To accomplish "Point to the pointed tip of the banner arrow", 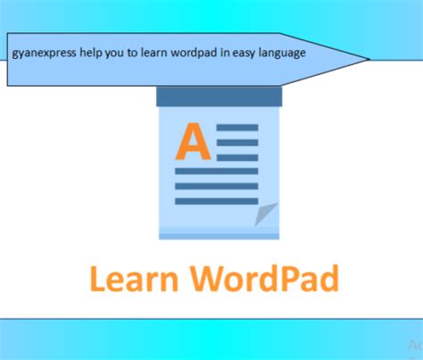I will pos(367,60).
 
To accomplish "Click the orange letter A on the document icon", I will pos(193,142).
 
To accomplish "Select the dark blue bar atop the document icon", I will pos(219,96).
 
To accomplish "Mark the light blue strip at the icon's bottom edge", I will pos(219,236).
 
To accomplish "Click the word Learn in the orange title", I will pos(132,278).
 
